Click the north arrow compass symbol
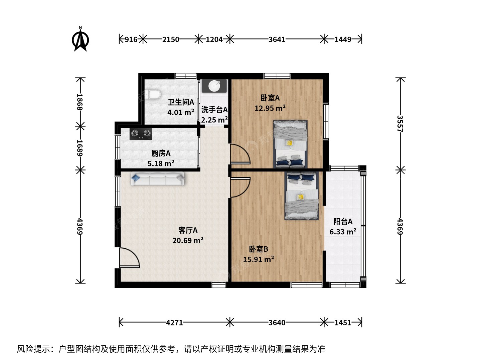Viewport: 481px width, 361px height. tap(80, 39)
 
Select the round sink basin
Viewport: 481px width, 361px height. tap(214, 86)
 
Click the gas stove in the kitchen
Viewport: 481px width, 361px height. tap(141, 134)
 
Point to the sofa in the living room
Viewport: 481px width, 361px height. tap(158, 178)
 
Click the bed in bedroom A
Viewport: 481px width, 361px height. tap(290, 144)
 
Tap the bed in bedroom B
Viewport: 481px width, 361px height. tap(302, 196)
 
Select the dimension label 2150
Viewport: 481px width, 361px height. tap(170, 39)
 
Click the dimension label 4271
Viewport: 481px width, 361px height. tap(174, 323)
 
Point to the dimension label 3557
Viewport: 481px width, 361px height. tap(400, 124)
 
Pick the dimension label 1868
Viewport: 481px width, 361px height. tap(79, 102)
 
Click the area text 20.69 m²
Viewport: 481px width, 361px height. tap(188, 240)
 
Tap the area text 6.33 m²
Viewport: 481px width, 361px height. tap(343, 232)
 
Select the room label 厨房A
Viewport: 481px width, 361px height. tap(161, 153)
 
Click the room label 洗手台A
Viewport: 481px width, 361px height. tap(214, 110)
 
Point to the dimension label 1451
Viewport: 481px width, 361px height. tap(343, 323)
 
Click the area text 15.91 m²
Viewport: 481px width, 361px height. tap(259, 259)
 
